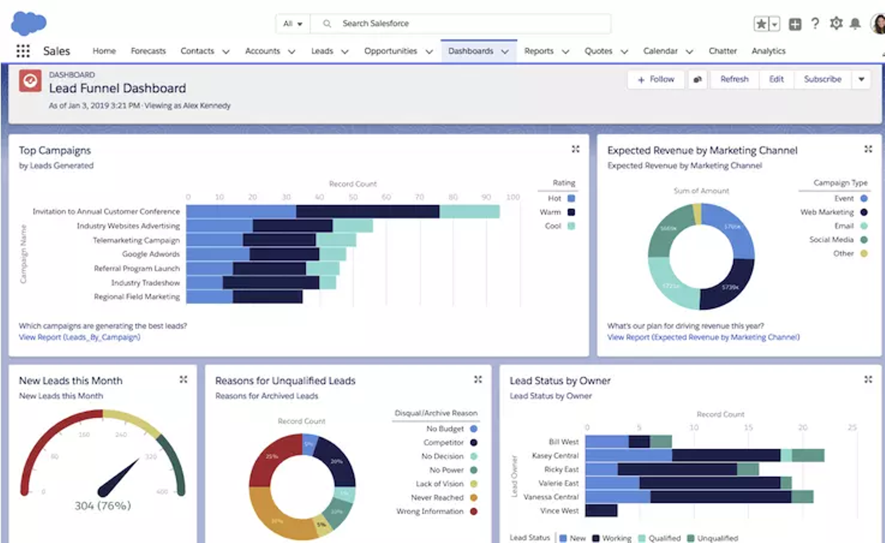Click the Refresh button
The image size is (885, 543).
tap(734, 79)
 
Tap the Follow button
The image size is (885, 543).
tap(656, 79)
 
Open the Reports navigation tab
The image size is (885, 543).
tap(538, 51)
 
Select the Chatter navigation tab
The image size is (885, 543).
tap(722, 51)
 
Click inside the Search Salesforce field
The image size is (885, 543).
tap(461, 23)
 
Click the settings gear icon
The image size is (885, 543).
tap(836, 23)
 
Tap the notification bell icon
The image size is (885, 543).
tap(855, 23)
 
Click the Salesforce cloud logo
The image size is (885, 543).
tap(28, 23)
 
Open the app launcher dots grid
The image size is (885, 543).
tap(23, 51)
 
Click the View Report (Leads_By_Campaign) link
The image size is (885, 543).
tap(79, 337)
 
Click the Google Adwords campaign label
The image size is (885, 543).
tap(151, 254)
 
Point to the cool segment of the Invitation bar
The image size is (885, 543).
tap(470, 212)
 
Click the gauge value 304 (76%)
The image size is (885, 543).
tap(103, 505)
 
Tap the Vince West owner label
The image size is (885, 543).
tap(559, 510)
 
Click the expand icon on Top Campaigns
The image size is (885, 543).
tap(575, 149)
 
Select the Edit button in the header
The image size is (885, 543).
tap(776, 79)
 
